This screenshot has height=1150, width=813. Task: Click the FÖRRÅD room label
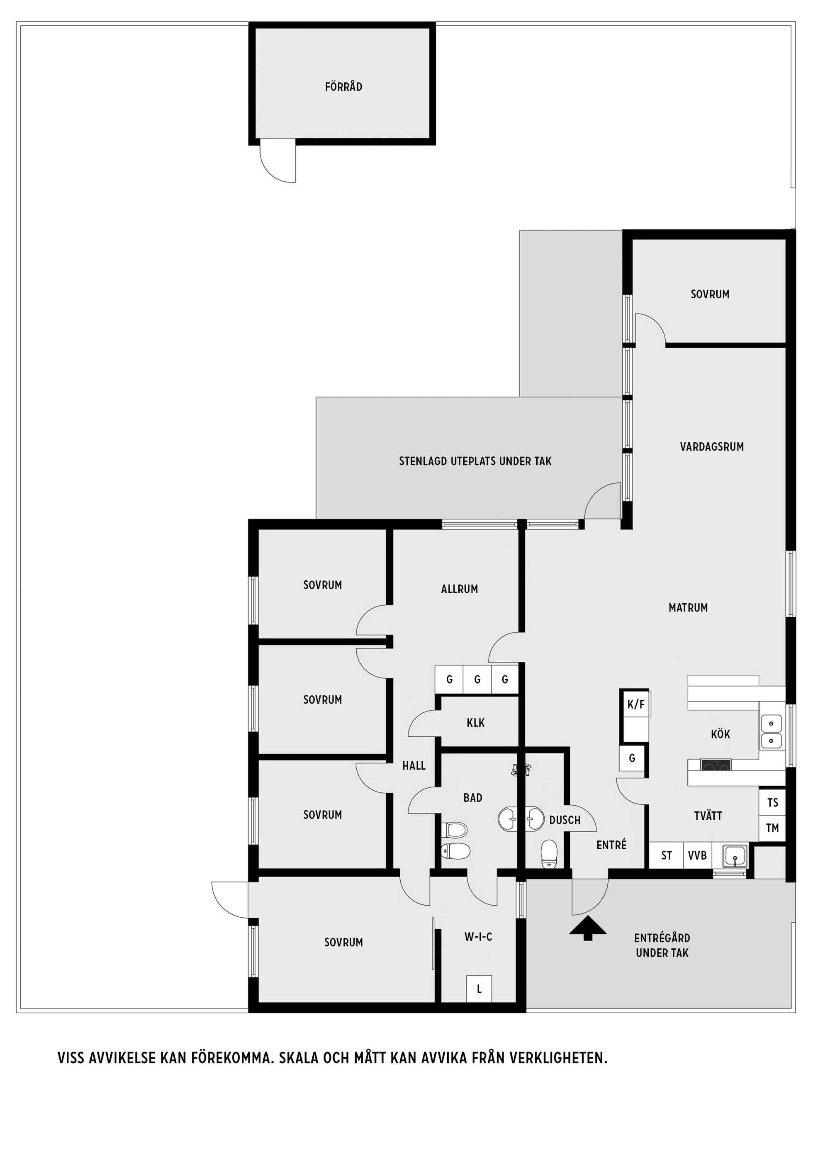343,87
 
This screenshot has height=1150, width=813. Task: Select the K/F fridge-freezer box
635,705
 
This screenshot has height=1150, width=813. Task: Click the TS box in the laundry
772,802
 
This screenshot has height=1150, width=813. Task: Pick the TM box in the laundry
772,828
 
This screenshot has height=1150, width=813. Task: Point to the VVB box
697,855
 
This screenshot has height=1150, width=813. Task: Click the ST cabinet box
666,855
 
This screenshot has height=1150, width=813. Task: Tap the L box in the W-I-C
479,989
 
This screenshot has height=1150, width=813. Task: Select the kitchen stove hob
716,765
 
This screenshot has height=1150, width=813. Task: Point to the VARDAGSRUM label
712,447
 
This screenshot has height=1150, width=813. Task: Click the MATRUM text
688,607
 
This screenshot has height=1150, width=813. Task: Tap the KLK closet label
475,723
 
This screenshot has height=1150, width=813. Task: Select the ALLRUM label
459,589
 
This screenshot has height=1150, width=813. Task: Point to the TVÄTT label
708,816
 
